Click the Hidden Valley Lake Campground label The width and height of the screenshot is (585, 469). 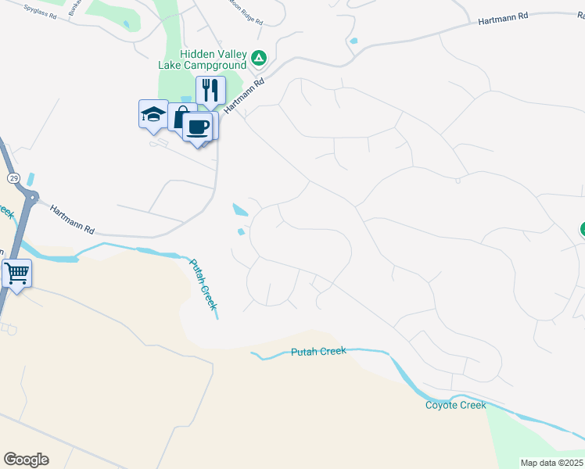click(x=213, y=59)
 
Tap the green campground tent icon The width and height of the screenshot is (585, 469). click(x=259, y=57)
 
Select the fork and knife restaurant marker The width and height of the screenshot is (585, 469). click(x=210, y=91)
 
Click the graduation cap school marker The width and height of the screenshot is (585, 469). click(x=153, y=115)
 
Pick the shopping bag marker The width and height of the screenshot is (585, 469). click(x=181, y=118)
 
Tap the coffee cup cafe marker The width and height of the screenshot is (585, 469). click(x=198, y=127)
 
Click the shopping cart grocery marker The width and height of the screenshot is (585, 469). click(x=16, y=274)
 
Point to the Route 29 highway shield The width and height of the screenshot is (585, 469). click(x=15, y=178)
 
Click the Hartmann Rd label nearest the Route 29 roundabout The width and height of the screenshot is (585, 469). click(x=72, y=220)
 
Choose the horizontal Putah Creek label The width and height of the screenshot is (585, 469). click(x=318, y=352)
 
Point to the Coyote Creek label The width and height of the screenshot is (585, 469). click(x=455, y=405)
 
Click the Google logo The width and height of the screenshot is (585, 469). click(x=26, y=460)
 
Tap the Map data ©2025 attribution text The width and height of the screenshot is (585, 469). click(x=552, y=463)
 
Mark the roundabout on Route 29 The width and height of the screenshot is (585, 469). click(x=31, y=199)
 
